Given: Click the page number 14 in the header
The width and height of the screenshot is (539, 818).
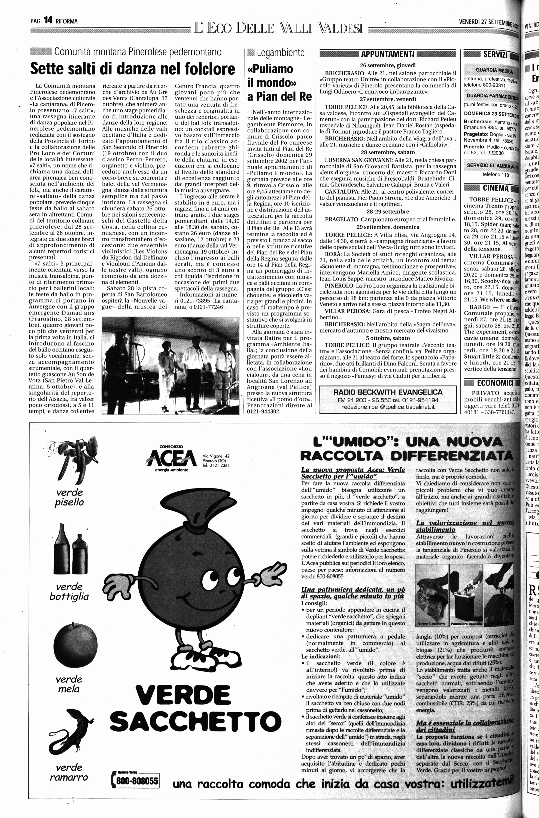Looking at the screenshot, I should coord(48,21).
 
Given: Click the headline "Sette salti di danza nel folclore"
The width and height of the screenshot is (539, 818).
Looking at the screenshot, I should coord(133,69).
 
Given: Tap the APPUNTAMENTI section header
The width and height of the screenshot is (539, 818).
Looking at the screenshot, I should coord(388,54).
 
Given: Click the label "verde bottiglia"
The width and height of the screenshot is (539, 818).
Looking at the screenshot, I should coord(69,591).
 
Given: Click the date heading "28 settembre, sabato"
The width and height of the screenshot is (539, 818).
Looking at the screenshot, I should coord(387,152).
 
